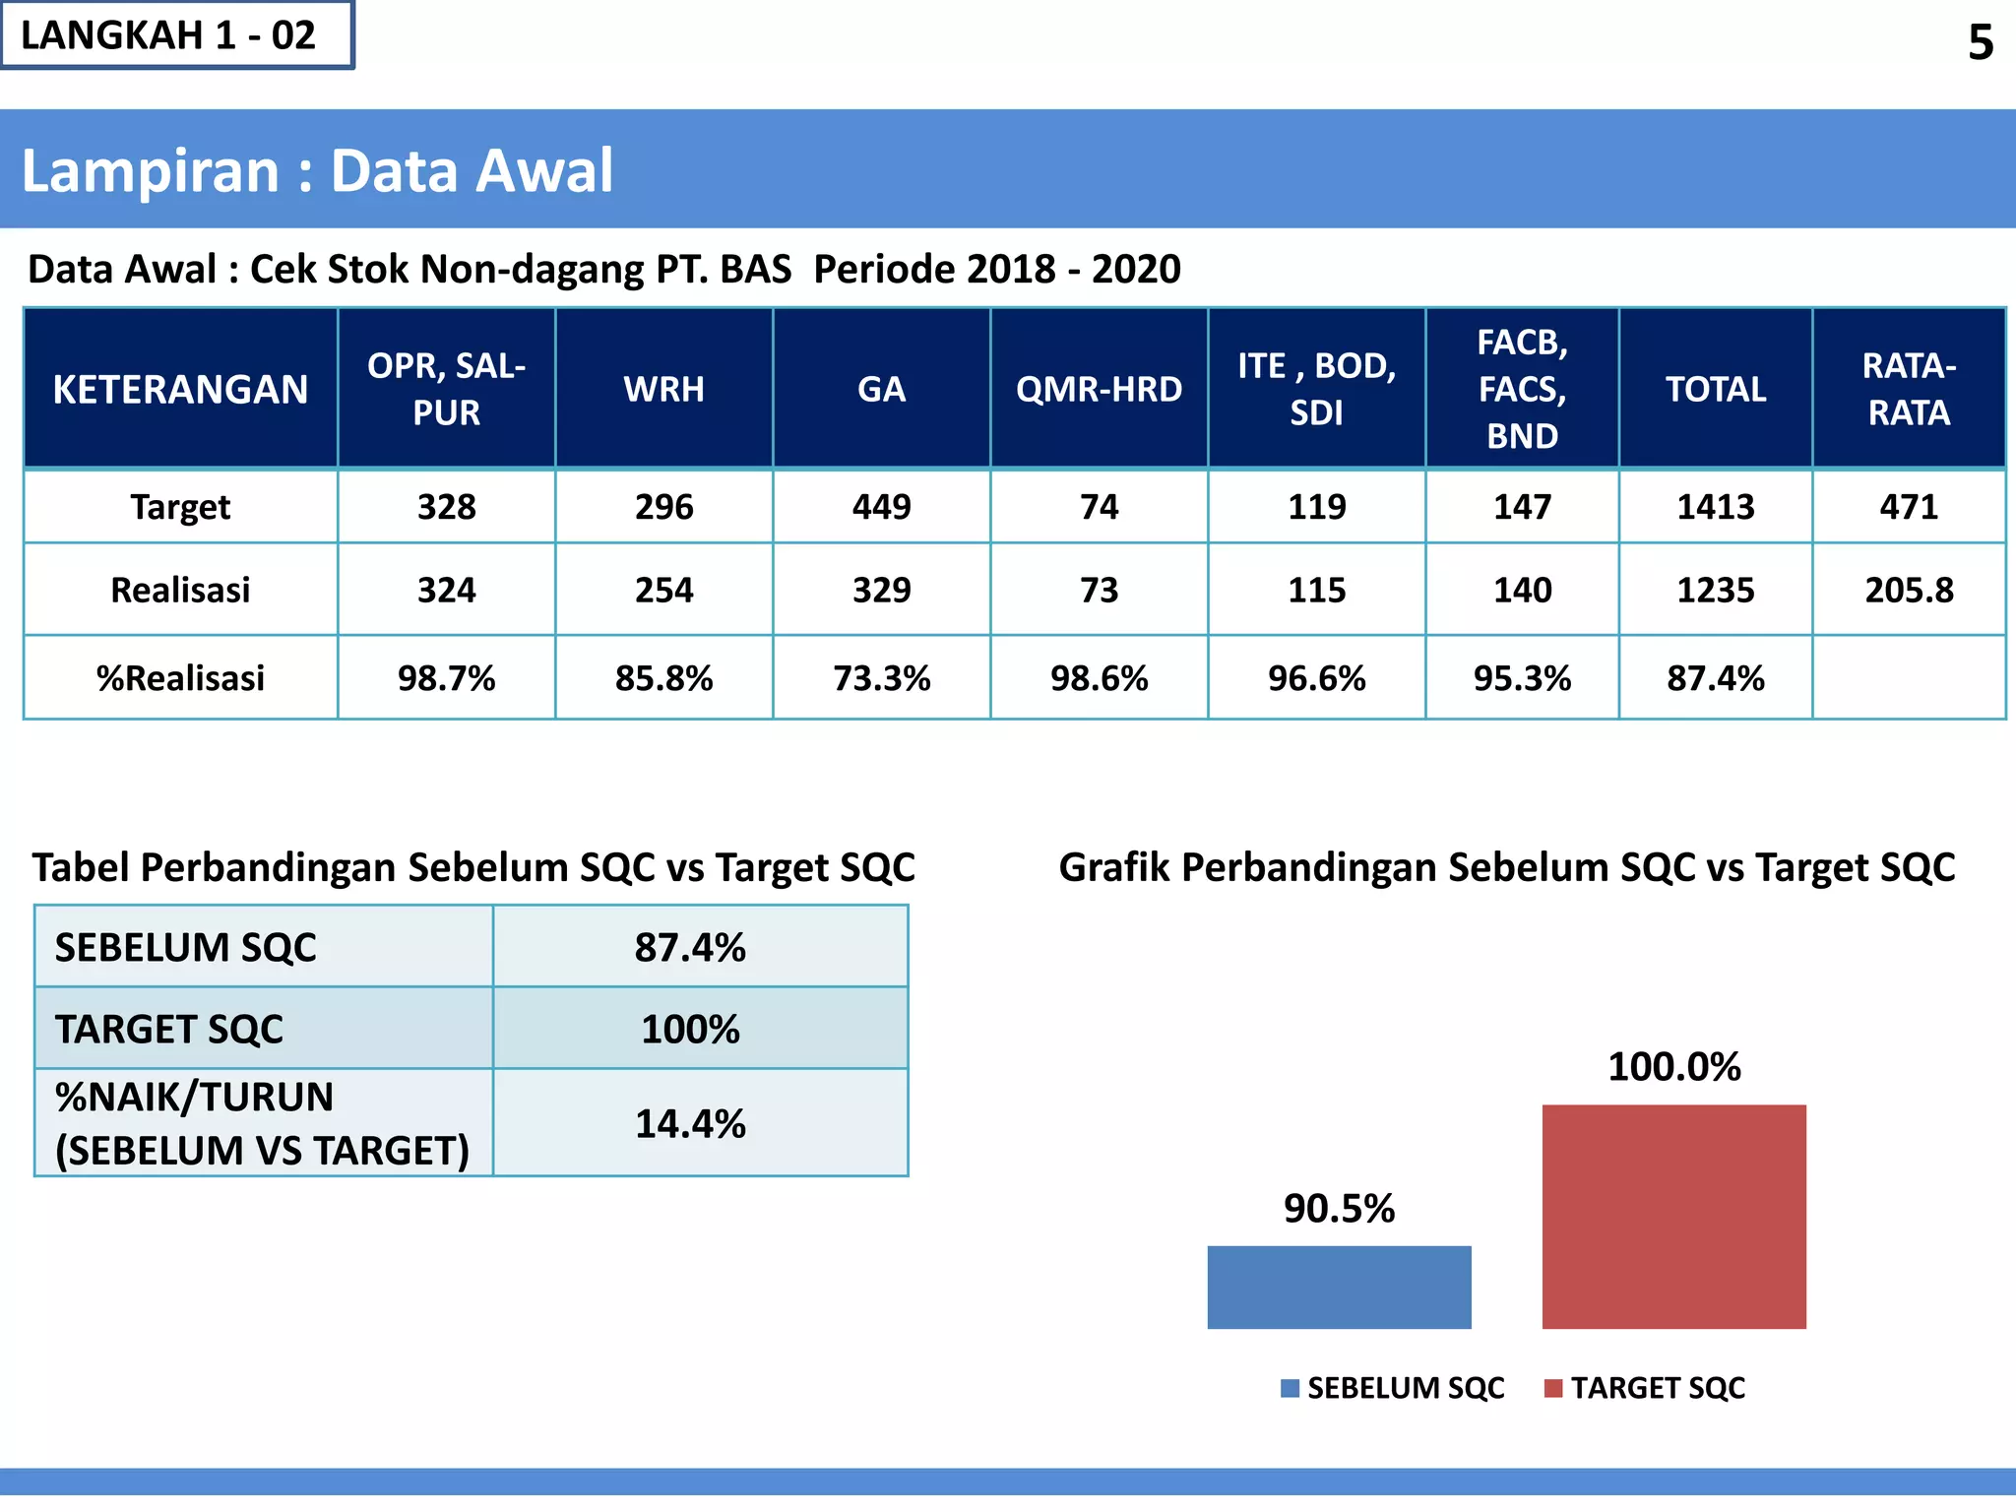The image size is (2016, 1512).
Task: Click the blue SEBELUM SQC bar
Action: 1339,1287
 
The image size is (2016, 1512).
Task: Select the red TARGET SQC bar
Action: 1673,1216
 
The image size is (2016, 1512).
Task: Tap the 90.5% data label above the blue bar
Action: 1339,1208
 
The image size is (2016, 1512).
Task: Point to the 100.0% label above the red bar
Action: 1673,1066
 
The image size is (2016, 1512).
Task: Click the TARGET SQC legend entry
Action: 1646,1388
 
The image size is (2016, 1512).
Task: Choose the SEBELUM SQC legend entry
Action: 1393,1388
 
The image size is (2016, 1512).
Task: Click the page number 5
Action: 1980,43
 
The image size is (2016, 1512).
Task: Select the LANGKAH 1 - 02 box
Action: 177,35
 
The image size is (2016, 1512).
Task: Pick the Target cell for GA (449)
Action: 881,507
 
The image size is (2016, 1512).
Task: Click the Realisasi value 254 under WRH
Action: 663,590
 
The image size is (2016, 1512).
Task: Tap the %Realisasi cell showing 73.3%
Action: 881,678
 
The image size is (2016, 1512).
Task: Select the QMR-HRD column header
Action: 1099,389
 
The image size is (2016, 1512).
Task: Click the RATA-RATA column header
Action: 1909,389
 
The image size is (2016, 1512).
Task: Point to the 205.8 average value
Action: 1909,590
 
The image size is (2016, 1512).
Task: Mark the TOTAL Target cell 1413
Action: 1715,507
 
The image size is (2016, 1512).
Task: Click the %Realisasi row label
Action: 180,678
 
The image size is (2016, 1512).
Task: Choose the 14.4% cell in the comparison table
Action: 690,1123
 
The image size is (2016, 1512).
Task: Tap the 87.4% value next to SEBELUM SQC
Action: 690,947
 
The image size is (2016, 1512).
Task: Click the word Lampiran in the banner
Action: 151,170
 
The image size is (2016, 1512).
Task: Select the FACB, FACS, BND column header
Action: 1522,389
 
